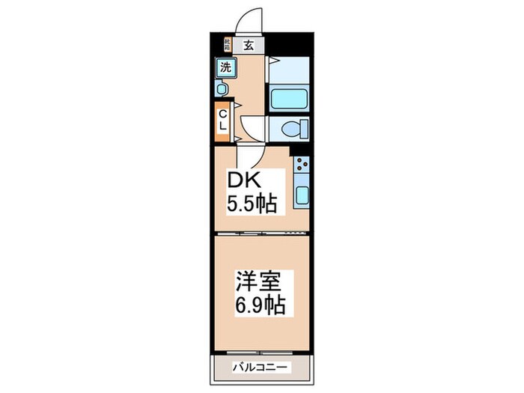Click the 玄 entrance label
248,44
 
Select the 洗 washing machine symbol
225,67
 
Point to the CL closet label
223,121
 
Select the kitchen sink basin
302,196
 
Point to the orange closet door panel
223,121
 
